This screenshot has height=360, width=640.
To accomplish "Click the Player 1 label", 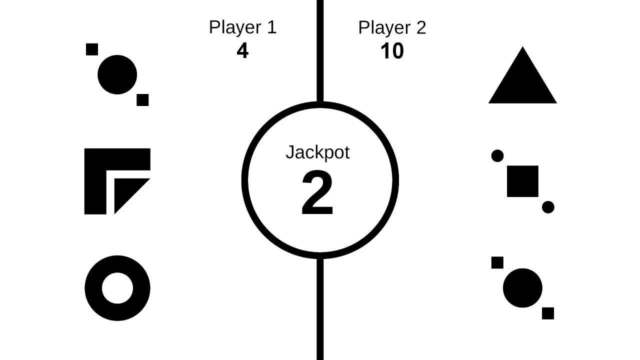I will pos(242,27).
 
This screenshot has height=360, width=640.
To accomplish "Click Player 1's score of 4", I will pos(242,51).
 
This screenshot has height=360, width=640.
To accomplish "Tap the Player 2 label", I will pos(392,27).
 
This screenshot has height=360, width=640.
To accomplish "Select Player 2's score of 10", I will pos(392,51).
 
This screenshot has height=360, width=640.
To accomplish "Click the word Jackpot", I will pos(317,152).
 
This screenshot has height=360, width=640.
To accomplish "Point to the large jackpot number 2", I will pos(317,194).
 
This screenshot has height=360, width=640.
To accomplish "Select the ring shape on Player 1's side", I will pos(93,288).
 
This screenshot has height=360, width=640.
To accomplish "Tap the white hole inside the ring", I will pos(117,288).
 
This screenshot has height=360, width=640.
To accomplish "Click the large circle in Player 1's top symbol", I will pos(117,75).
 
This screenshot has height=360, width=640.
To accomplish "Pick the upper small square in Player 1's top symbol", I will pos(92,49).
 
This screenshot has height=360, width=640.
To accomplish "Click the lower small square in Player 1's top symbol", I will pos(142,100).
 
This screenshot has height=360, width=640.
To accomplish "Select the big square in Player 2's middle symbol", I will pos(522,181).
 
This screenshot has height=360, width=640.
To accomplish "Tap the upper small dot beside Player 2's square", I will pos(497,156).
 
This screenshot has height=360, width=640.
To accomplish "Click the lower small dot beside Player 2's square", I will pos(548,207).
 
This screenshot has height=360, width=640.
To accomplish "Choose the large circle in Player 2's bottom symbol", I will pos(522,288).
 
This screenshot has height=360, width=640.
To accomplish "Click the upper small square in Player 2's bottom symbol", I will pos(497,262).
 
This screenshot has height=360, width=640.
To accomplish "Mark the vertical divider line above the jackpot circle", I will pos(320,50).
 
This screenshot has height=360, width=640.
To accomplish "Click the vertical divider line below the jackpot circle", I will pos(320,310).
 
